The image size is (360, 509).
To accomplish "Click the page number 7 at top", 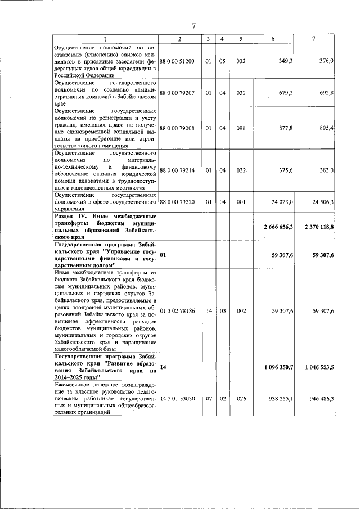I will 193,26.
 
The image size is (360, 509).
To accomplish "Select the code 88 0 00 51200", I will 178,61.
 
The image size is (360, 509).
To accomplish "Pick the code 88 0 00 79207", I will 178,93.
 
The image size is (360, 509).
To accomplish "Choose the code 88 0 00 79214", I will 178,170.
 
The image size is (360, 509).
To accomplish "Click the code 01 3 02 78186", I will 178,310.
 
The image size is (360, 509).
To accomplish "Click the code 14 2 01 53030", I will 178,398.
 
